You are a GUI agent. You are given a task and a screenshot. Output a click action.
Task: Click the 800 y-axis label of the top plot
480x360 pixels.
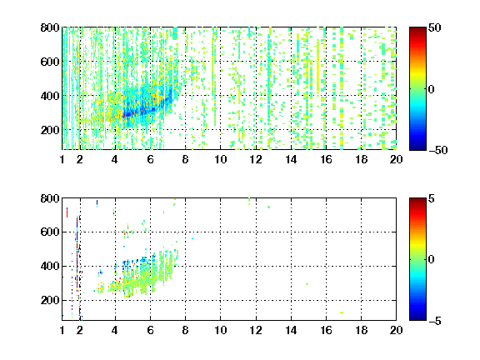tap(50, 27)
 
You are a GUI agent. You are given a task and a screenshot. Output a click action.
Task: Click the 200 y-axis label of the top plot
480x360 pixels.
tap(50, 130)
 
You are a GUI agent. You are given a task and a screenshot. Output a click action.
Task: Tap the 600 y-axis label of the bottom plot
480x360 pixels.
tap(50, 232)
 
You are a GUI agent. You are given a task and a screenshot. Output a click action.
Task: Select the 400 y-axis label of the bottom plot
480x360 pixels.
tap(50, 266)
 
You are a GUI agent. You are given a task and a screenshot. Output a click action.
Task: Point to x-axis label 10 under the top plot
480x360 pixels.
tap(220, 159)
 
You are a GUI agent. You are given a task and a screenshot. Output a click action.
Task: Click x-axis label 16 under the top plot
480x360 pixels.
tap(326, 159)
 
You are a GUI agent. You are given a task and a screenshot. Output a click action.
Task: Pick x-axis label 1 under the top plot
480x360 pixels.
tap(62, 159)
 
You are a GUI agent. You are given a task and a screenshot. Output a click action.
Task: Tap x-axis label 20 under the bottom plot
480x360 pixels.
tap(396, 330)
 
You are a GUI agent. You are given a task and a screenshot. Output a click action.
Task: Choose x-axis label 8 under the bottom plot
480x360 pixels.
tap(185, 330)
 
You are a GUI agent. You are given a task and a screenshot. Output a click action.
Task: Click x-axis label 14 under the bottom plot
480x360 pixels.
tap(291, 330)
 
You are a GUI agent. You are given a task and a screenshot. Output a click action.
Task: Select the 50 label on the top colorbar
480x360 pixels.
tap(435, 27)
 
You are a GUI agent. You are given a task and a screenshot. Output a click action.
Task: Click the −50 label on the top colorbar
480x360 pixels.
tap(438, 150)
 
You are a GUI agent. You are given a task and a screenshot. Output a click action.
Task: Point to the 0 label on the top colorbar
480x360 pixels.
tap(432, 89)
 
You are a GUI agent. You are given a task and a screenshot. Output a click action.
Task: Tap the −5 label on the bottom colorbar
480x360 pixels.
tap(435, 321)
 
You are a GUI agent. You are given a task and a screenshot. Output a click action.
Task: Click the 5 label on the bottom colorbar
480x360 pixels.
tap(432, 198)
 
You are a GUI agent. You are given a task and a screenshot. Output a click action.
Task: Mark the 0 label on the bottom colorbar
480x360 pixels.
tap(432, 260)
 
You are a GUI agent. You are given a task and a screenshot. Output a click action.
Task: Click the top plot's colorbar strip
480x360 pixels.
tap(417, 89)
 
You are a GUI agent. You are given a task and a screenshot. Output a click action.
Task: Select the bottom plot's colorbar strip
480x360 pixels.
tap(417, 259)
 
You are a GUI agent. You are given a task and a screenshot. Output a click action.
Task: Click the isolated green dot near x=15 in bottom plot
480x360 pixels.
tap(307, 284)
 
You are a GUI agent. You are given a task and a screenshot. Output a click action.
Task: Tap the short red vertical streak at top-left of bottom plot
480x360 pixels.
tap(67, 212)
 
